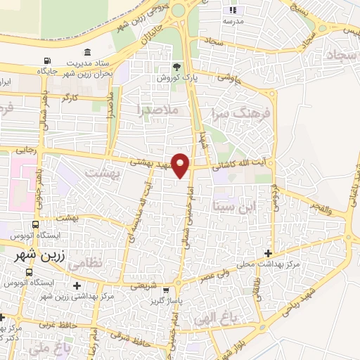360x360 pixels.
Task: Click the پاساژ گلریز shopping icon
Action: click(x=165, y=290)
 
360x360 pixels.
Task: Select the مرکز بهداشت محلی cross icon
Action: click(x=267, y=253)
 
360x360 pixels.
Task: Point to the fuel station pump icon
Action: click(x=47, y=61)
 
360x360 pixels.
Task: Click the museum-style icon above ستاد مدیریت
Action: click(x=86, y=52)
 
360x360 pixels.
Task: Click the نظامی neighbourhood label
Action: click(x=107, y=262)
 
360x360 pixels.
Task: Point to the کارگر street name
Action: click(x=68, y=98)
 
